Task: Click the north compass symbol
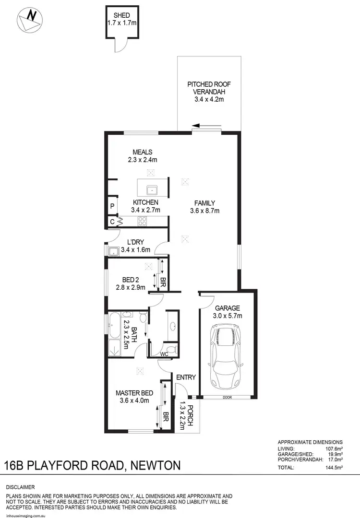coord(28,19)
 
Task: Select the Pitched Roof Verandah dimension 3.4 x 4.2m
coord(209,100)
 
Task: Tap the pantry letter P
coord(112,207)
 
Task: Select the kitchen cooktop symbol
coord(143,221)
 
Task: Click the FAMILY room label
coord(204,203)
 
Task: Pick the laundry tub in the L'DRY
coord(114,251)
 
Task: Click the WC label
coord(164,354)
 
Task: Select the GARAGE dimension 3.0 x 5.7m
coord(228,316)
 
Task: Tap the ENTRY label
coord(185,377)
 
